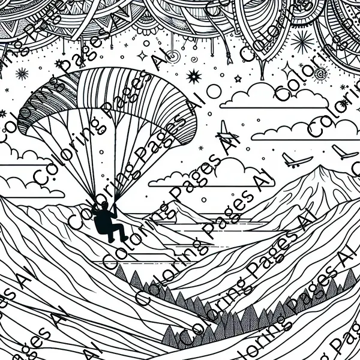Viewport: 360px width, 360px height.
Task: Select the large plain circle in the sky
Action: point(214,91)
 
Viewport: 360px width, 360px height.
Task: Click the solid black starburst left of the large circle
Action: point(194,76)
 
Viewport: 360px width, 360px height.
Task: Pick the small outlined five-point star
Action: point(238,79)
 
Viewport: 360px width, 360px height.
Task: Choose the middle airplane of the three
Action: point(296,160)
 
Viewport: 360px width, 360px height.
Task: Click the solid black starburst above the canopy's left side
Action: point(22,73)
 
